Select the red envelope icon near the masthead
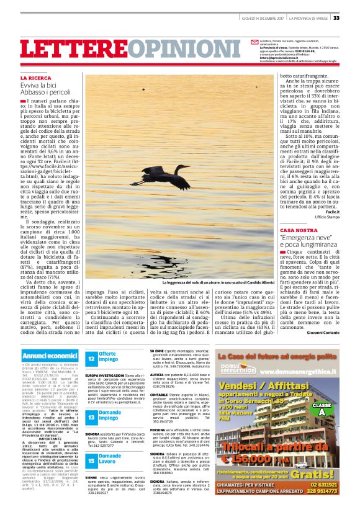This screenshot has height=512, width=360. [254, 41]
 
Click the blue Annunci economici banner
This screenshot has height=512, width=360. [49, 355]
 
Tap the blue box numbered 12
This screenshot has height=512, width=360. [91, 357]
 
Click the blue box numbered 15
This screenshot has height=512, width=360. [91, 460]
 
